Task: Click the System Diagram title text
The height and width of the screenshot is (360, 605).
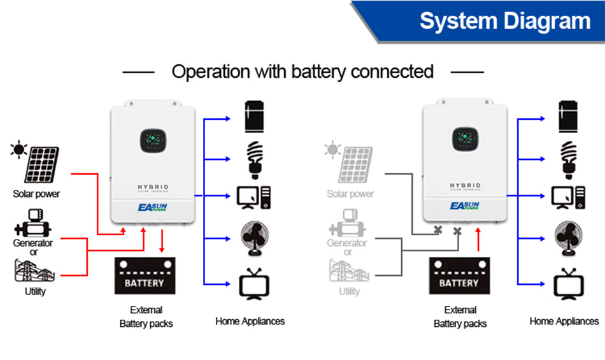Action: point(504,21)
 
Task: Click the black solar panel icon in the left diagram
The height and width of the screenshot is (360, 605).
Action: point(41,165)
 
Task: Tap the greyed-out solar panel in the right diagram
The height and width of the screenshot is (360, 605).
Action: point(355,165)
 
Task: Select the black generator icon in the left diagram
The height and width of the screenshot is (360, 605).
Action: point(32,223)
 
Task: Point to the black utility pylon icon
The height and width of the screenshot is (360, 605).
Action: point(34,271)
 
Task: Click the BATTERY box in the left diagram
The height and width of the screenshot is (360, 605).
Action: point(145,276)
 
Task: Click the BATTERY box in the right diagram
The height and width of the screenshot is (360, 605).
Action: point(460,276)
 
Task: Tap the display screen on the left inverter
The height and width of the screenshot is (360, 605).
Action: point(153,140)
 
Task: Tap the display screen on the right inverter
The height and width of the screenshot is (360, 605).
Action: point(466,139)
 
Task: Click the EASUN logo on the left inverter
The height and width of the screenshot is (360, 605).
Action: point(153,207)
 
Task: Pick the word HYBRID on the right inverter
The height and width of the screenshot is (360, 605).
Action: point(466,185)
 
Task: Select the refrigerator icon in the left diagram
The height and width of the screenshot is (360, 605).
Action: point(254,117)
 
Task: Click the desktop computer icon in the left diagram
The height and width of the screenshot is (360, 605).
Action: point(253,198)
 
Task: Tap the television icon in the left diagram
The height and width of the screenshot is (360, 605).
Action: point(254,284)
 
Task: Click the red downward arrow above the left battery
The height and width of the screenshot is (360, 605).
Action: point(162,241)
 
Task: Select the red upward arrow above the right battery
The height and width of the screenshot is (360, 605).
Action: point(478,239)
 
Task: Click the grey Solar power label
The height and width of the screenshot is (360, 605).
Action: point(350,194)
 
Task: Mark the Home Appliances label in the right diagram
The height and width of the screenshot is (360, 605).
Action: point(564,321)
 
